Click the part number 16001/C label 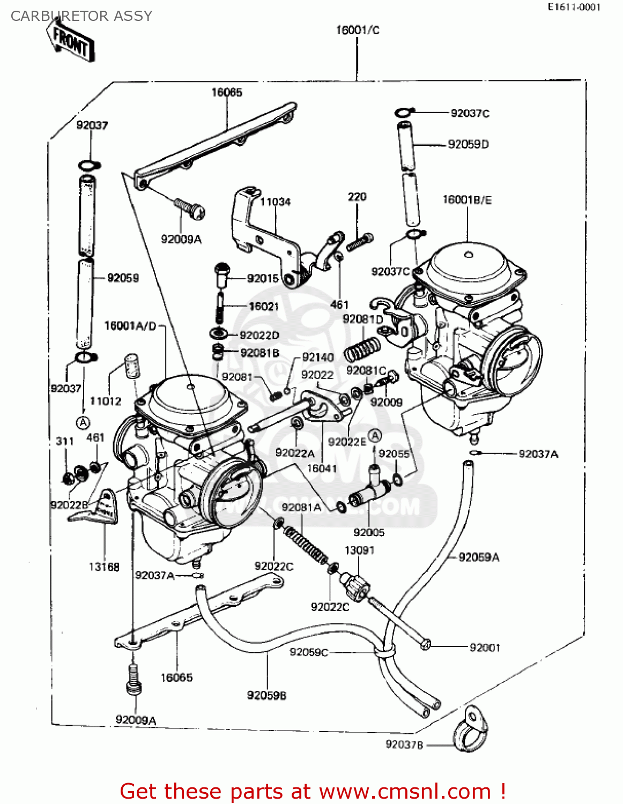tap(357, 30)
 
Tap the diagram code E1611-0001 tap(574, 7)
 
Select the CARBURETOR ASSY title tap(81, 16)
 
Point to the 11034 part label tap(275, 202)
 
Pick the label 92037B tap(404, 745)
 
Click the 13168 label tap(104, 567)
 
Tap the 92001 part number tap(485, 647)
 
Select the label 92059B tap(266, 695)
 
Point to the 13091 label tap(359, 550)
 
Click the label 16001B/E tap(467, 200)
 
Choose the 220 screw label tap(357, 197)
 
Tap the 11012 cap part tap(131, 366)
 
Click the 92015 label tap(263, 278)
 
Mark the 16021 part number tap(264, 306)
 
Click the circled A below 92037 tap(83, 422)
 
